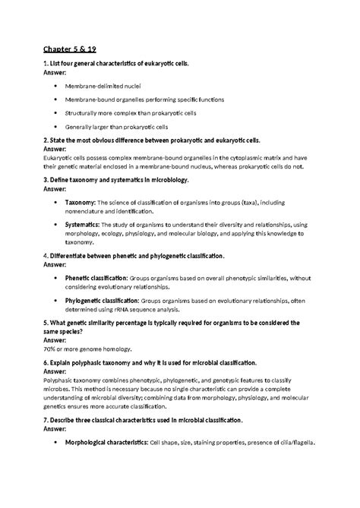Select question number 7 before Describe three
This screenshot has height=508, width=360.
[x=46, y=419]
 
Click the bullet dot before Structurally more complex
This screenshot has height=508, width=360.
[x=55, y=113]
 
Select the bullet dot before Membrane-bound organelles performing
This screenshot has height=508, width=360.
[x=55, y=99]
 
